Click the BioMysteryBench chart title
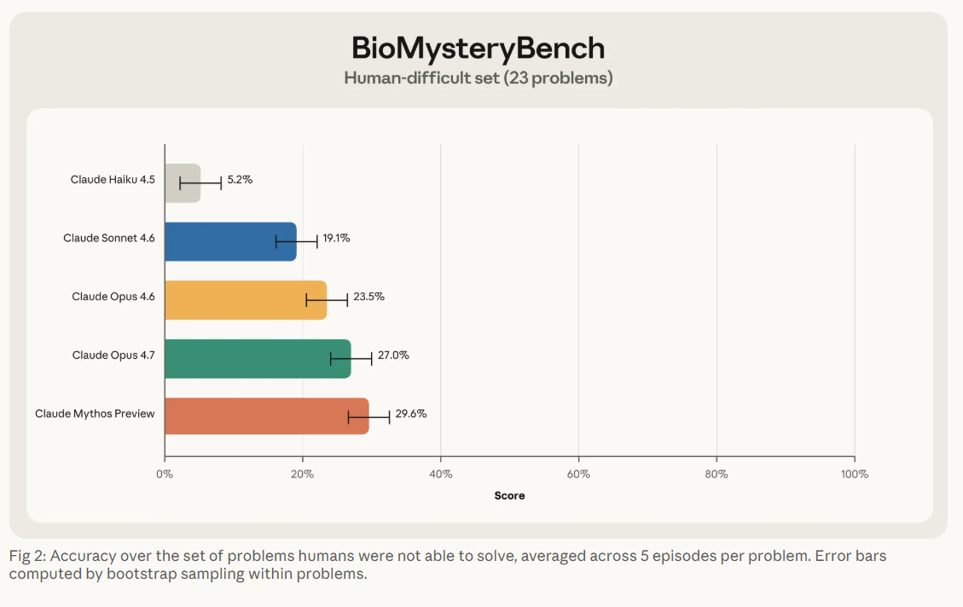(x=479, y=48)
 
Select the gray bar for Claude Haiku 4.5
(x=182, y=182)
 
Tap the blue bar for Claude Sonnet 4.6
(x=229, y=241)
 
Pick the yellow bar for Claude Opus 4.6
(x=245, y=299)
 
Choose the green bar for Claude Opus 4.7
(x=257, y=358)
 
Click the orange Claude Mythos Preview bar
(x=266, y=416)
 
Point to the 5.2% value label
(x=240, y=180)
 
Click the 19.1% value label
(x=336, y=238)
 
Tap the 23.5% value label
(x=368, y=297)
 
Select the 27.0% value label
(x=393, y=355)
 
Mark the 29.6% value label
(x=411, y=413)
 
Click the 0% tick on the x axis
(x=165, y=474)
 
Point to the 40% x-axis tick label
(x=440, y=474)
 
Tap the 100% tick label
(x=854, y=474)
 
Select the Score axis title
(x=509, y=495)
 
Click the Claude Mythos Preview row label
(x=95, y=413)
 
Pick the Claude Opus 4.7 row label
(x=113, y=355)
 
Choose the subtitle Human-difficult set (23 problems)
(x=479, y=78)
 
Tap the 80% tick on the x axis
(x=716, y=474)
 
